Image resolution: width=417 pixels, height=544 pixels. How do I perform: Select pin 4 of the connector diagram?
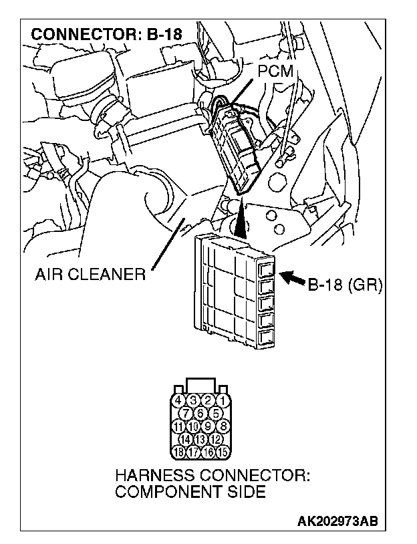pos(178,401)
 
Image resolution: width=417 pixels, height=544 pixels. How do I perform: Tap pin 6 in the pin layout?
pos(200,414)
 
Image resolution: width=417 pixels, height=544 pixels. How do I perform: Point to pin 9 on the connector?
pos(208,426)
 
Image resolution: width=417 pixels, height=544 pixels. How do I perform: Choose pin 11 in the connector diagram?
pos(178,426)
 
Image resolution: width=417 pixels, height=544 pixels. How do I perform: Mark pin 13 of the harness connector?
pos(200,439)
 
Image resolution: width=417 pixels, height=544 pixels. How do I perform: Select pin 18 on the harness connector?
pos(178,452)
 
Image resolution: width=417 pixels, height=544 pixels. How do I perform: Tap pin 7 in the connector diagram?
pos(186,414)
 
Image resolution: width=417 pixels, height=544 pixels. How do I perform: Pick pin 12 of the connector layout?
pos(216,439)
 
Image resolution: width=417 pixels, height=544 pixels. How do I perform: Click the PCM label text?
pos(274,72)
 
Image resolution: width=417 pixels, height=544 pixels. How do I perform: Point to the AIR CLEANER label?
pos(91,274)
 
